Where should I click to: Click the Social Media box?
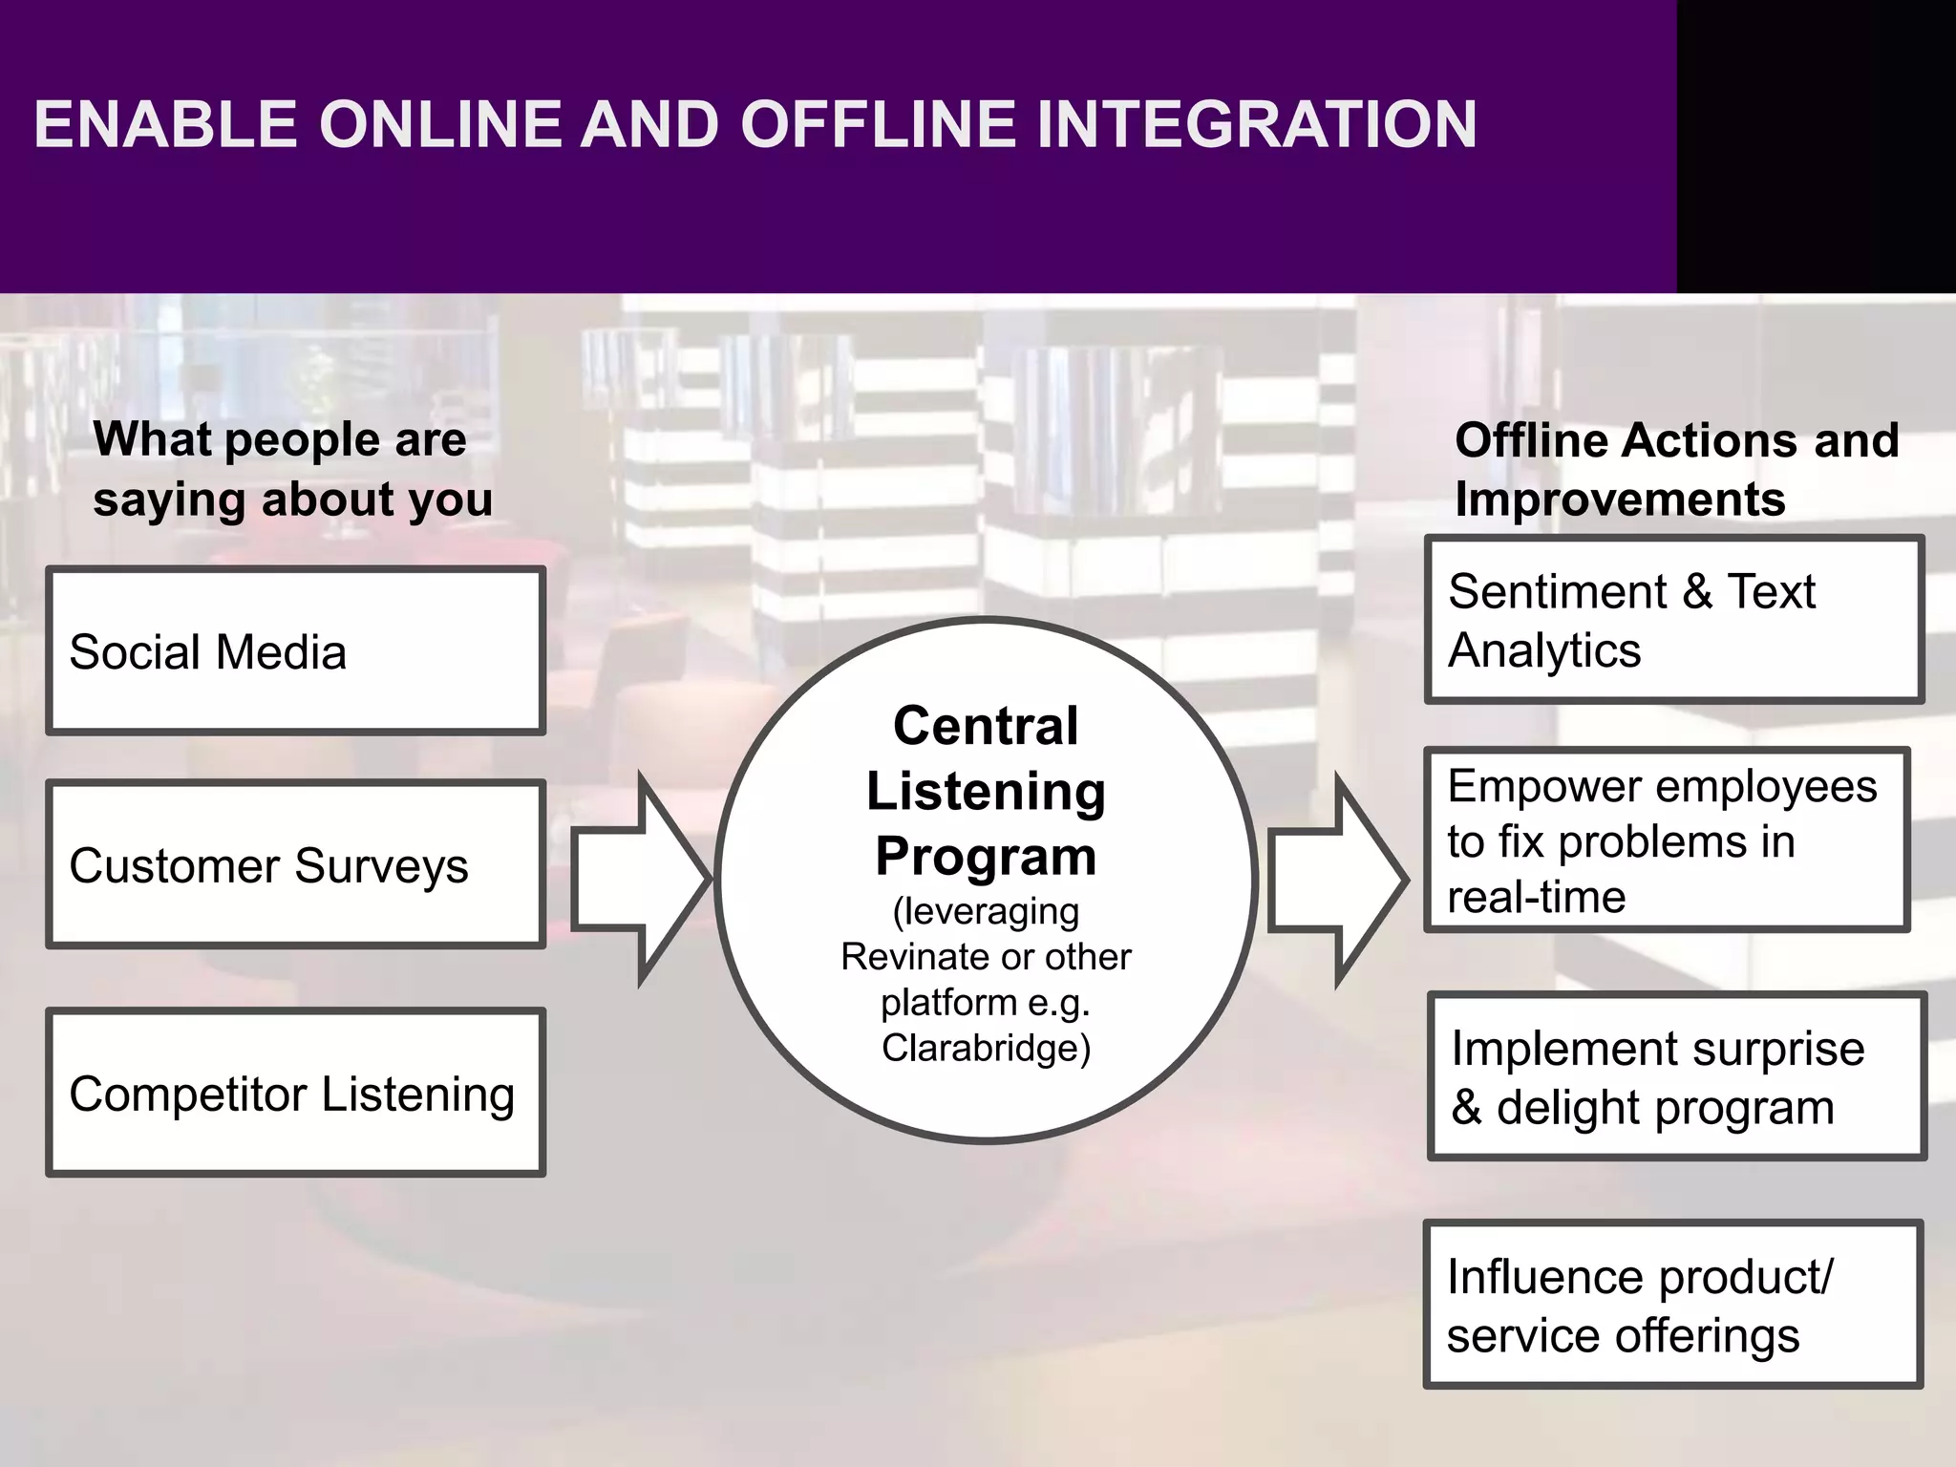tap(296, 651)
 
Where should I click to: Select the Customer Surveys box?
tap(296, 864)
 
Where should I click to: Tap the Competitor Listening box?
tap(296, 1093)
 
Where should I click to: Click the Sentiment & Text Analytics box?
tap(1673, 621)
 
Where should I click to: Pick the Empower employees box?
tap(1667, 840)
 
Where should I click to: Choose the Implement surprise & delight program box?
tap(1676, 1077)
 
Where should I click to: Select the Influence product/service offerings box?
tap(1671, 1305)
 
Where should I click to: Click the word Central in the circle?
tap(986, 726)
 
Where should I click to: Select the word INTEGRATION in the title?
tap(1256, 125)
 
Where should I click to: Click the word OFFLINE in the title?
tap(877, 125)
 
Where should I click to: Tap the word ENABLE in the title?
tap(165, 125)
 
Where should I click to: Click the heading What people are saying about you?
tap(291, 470)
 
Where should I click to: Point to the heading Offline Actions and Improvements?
tap(1676, 470)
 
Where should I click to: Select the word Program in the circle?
tap(986, 856)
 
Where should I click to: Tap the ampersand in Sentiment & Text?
tap(1696, 592)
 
